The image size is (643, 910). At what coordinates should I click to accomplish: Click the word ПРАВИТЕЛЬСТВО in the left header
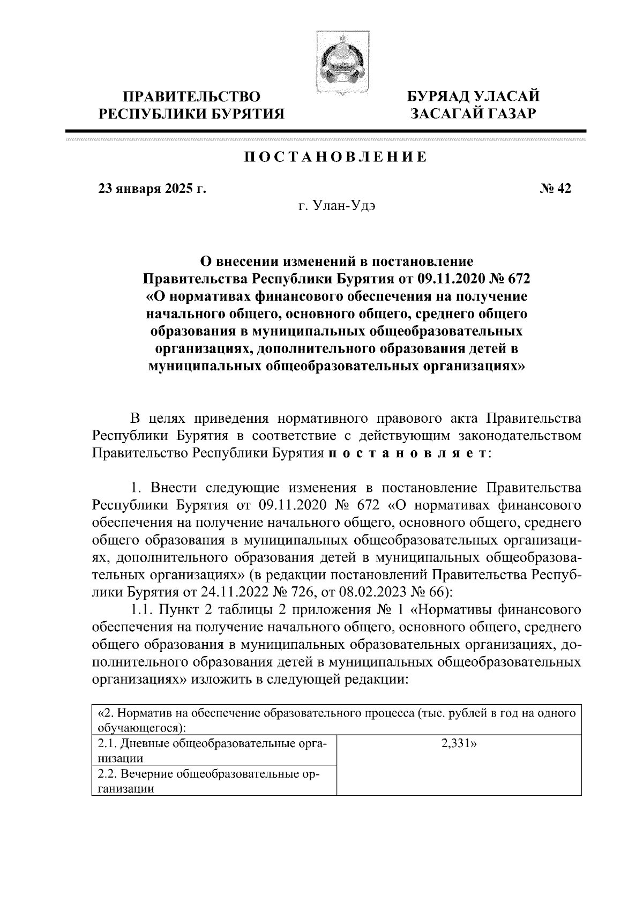pyautogui.click(x=192, y=97)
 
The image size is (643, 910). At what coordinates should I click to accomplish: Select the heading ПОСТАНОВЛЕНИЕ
pyautogui.click(x=336, y=157)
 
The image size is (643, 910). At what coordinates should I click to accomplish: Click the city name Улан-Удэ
pyautogui.click(x=337, y=207)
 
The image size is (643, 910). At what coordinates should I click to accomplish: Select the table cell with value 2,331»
pyautogui.click(x=459, y=743)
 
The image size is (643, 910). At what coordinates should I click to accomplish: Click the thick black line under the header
pyautogui.click(x=325, y=130)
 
